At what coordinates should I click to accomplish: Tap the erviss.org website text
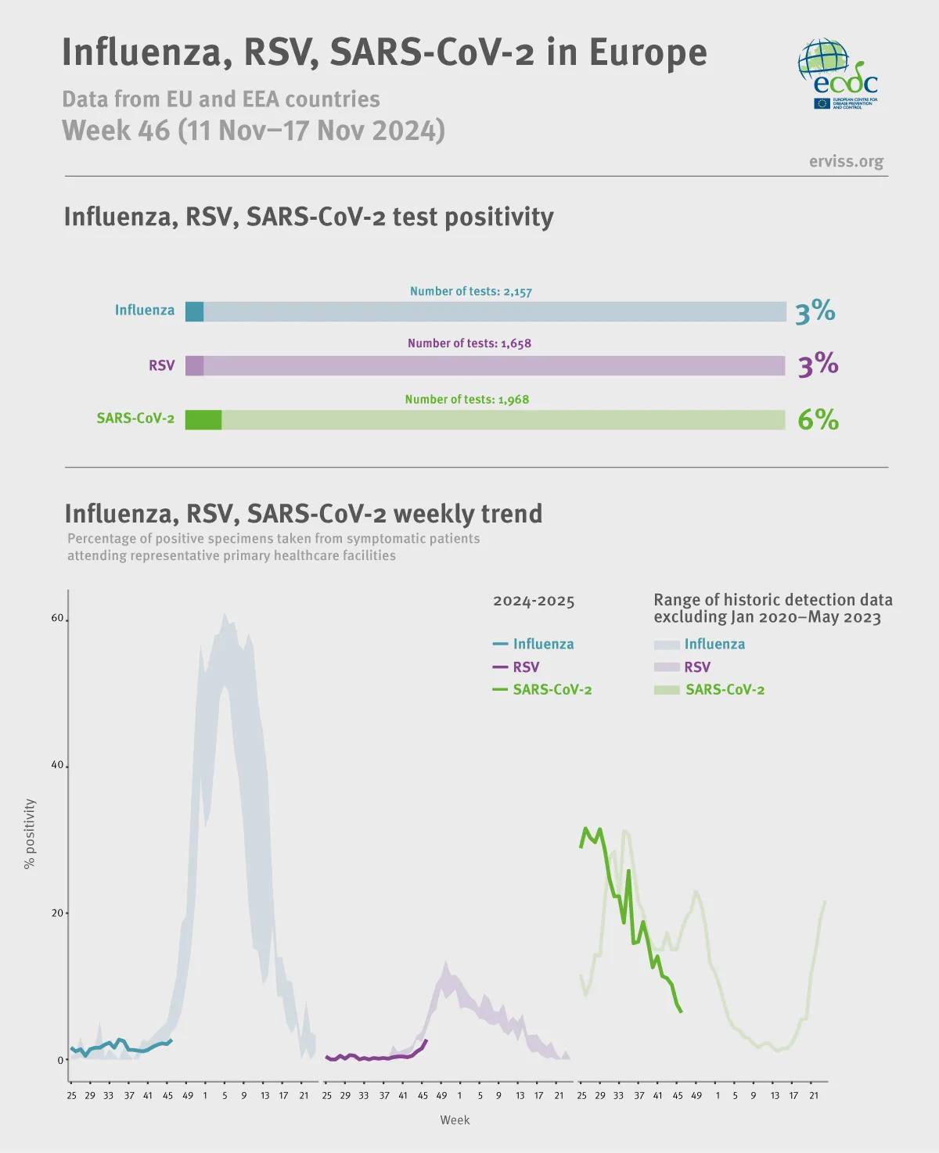click(x=846, y=161)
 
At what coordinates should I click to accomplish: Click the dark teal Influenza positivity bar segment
click(x=194, y=311)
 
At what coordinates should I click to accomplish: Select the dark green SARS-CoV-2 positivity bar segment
click(x=203, y=420)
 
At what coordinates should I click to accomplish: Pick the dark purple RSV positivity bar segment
click(x=194, y=365)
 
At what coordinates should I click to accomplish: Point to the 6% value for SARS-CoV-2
click(x=818, y=420)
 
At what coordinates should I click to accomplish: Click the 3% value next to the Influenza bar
click(x=815, y=311)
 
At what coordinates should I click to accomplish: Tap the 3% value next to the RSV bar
click(x=818, y=365)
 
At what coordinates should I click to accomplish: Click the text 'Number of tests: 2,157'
click(x=470, y=292)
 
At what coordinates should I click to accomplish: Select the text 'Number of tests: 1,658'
click(x=469, y=343)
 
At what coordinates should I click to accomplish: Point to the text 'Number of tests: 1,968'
click(x=467, y=400)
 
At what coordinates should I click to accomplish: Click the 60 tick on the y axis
click(x=57, y=618)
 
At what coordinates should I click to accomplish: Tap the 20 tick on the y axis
click(x=57, y=913)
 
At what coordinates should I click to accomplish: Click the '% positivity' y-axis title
click(x=30, y=833)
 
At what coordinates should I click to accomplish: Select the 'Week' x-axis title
click(x=455, y=1120)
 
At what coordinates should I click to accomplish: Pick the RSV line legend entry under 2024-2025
click(x=516, y=667)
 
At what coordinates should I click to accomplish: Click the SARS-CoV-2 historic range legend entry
click(x=710, y=690)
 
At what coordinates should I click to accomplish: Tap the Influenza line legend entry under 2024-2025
click(x=534, y=645)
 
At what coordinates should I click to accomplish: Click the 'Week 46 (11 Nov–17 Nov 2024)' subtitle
click(x=254, y=131)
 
